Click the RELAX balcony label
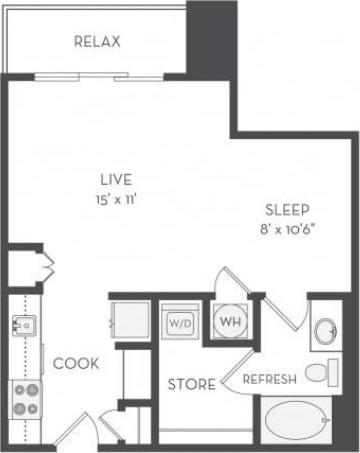[97, 42]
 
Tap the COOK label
[76, 364]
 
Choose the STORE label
[188, 384]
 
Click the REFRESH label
[268, 380]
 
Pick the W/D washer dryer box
[181, 323]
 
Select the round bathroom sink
[325, 331]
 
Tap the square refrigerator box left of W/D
[130, 320]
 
